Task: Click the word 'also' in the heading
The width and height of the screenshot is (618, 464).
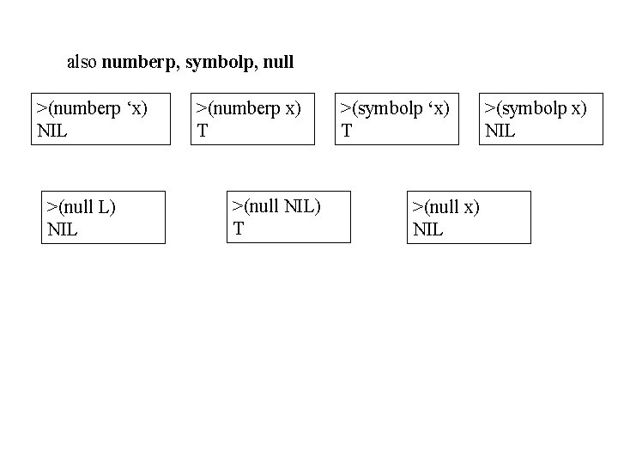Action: pyautogui.click(x=82, y=62)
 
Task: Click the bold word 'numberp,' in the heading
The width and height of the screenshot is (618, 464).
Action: pyautogui.click(x=142, y=62)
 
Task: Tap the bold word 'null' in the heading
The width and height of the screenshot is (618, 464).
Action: pyautogui.click(x=279, y=62)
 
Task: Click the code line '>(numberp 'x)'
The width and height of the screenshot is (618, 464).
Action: pyautogui.click(x=92, y=108)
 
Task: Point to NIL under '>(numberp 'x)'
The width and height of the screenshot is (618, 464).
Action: pyautogui.click(x=52, y=131)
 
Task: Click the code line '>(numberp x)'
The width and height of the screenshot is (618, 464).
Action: pyautogui.click(x=249, y=108)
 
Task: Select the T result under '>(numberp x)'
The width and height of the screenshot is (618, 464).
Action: pyautogui.click(x=201, y=131)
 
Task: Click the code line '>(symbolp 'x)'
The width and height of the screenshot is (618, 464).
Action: pyautogui.click(x=396, y=108)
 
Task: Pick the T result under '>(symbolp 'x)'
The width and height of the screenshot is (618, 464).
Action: pyautogui.click(x=346, y=131)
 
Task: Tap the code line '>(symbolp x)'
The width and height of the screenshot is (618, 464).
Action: pyautogui.click(x=536, y=108)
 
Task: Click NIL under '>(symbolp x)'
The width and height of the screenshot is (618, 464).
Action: pyautogui.click(x=500, y=131)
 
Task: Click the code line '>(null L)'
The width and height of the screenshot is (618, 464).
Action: pyautogui.click(x=82, y=207)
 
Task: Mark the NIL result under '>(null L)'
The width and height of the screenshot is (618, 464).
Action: pyautogui.click(x=63, y=229)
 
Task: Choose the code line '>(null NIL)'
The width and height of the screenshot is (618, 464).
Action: pyautogui.click(x=276, y=205)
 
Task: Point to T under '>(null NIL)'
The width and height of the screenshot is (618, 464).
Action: pyautogui.click(x=239, y=228)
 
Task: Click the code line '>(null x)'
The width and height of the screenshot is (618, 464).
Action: pyautogui.click(x=445, y=207)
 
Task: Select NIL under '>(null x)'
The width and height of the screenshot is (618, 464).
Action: pyautogui.click(x=427, y=229)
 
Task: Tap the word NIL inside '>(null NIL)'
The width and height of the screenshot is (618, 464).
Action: pyautogui.click(x=300, y=205)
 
